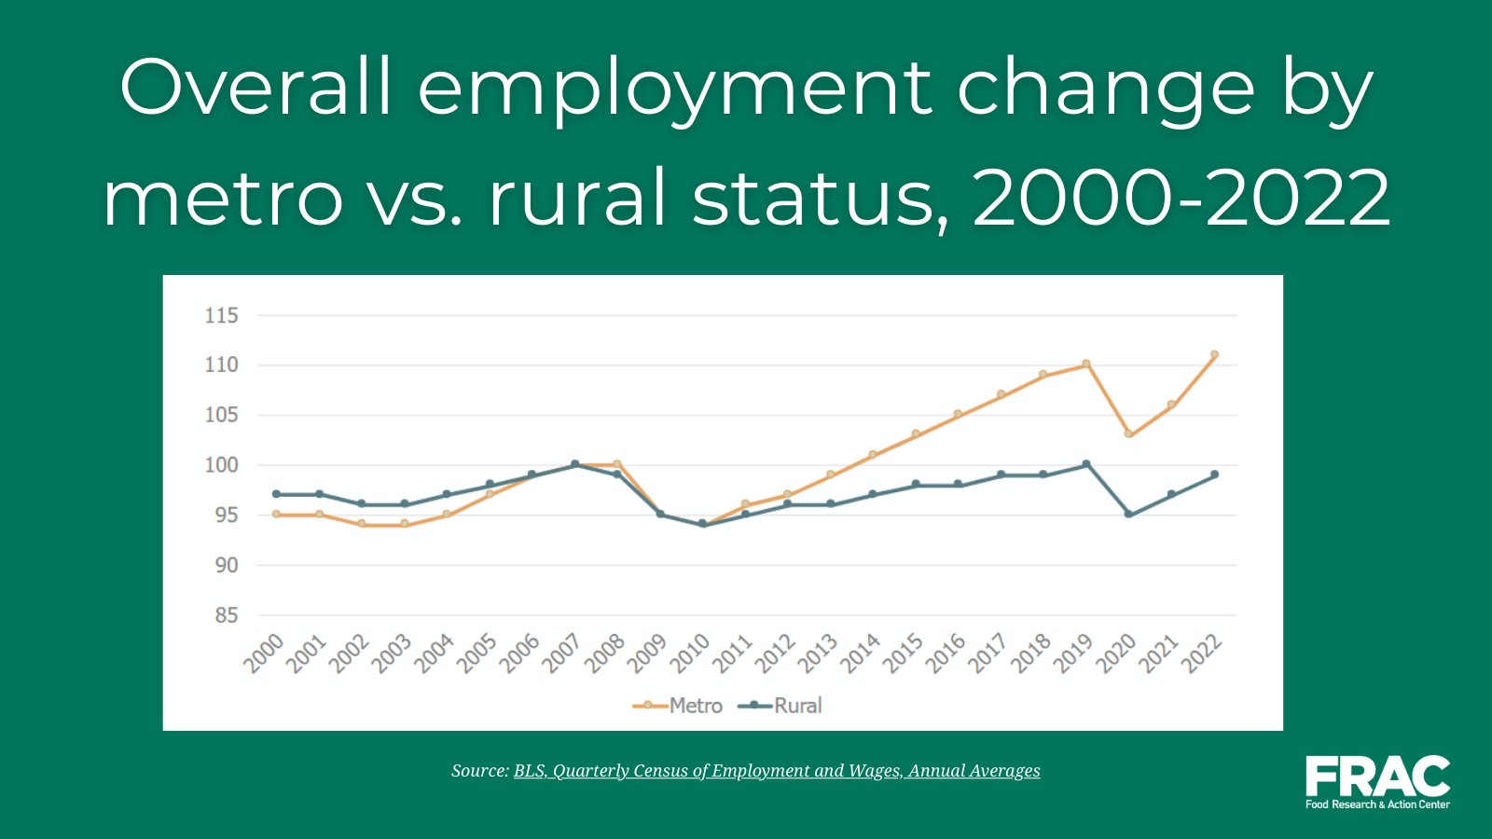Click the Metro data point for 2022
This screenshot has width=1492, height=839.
pos(1214,355)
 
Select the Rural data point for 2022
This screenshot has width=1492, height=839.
pos(1214,475)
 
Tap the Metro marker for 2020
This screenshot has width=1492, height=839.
pos(1129,434)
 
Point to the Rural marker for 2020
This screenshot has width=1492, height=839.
pos(1129,515)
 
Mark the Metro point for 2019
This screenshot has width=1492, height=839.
pos(1086,364)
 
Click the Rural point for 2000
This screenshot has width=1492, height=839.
pos(276,494)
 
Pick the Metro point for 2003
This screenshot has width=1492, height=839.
pos(405,524)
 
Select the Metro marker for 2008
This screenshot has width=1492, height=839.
pos(617,464)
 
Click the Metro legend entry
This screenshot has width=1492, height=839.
pos(677,706)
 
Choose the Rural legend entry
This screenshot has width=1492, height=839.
pos(780,706)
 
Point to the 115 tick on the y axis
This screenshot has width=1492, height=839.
pos(221,316)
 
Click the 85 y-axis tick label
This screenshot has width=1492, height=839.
pos(227,615)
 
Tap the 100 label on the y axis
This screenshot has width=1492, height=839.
pos(221,465)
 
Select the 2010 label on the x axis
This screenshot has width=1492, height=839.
pos(690,653)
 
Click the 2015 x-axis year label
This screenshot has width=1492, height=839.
pos(904,653)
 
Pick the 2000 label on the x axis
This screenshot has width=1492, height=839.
pos(264,653)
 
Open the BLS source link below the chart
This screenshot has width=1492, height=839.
pos(777,771)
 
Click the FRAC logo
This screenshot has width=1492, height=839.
pos(1377,782)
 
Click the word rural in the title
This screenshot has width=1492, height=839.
pos(577,198)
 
